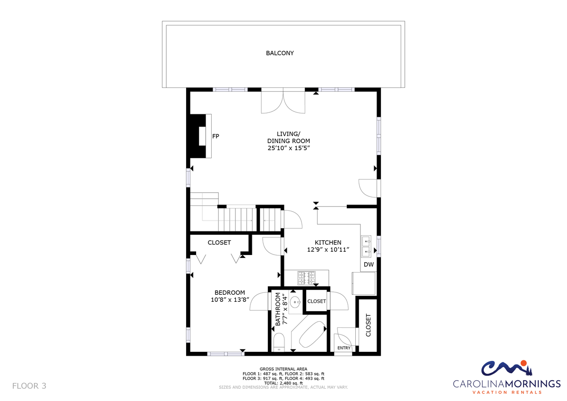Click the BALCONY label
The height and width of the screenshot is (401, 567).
(280, 53)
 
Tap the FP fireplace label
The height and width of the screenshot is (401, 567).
(215, 137)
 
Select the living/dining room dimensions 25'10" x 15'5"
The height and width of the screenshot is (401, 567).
(289, 148)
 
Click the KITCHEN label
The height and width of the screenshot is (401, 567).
(328, 242)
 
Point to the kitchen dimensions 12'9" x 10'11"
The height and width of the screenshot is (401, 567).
(328, 250)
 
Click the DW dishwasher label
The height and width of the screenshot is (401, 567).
(369, 264)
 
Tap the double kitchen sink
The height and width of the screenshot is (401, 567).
(366, 247)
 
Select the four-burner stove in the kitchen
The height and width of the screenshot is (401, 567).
(307, 278)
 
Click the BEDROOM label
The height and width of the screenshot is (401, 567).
(230, 293)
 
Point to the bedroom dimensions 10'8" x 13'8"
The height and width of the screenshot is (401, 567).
(230, 300)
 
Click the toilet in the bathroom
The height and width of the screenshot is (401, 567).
(279, 342)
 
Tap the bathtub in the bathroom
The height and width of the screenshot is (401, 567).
(312, 334)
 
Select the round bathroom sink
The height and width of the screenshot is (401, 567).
(295, 302)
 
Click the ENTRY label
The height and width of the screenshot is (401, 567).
(344, 348)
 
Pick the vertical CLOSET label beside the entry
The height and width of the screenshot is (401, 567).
(368, 325)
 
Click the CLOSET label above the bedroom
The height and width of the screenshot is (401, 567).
(219, 243)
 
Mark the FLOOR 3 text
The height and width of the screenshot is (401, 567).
(29, 386)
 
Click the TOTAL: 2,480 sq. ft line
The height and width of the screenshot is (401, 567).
(283, 383)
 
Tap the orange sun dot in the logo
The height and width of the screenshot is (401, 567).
(524, 363)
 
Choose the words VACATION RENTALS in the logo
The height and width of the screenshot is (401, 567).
(507, 392)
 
